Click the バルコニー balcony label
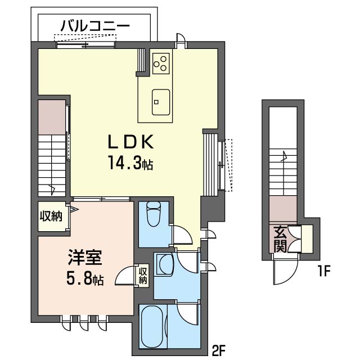point(95,25)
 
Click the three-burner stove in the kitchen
point(160,62)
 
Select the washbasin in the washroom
point(164,264)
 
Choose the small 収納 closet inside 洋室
point(143,276)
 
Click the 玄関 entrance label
point(281,238)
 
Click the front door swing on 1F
point(282,273)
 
